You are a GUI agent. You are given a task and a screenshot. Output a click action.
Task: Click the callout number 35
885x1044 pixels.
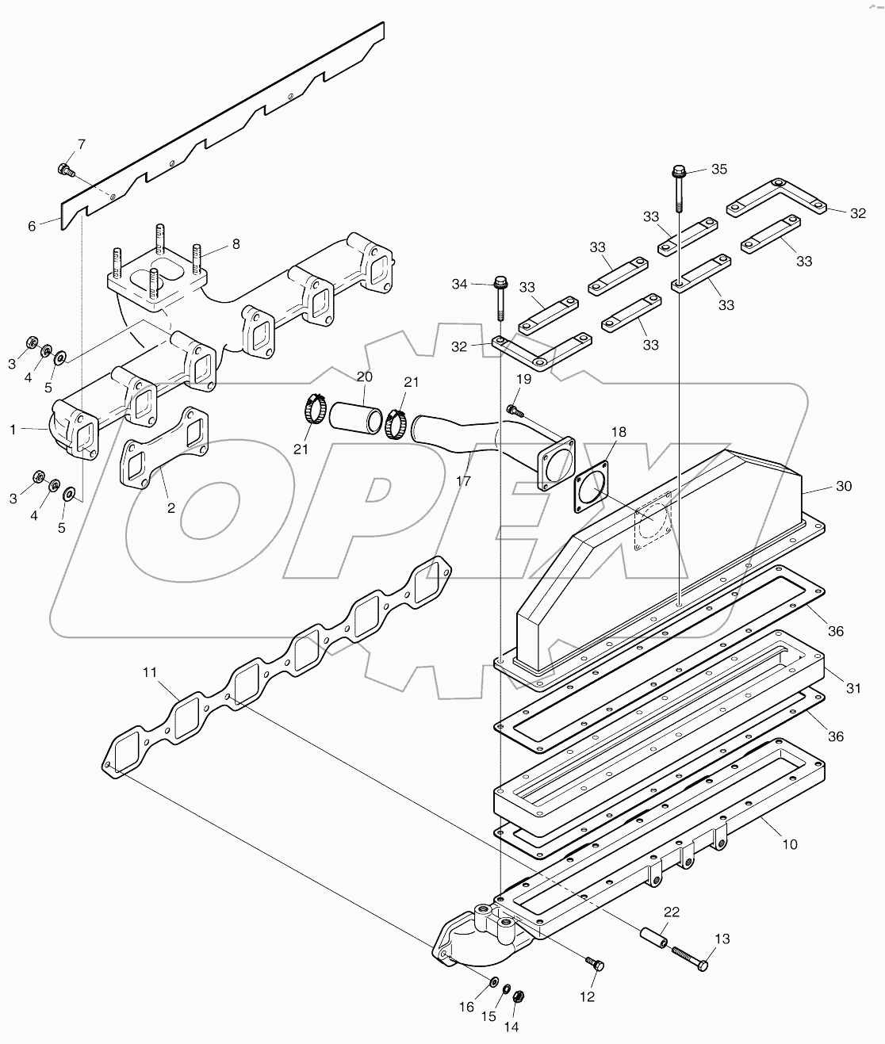tap(718, 169)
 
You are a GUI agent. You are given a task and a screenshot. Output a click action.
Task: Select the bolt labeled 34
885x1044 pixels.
tap(500, 294)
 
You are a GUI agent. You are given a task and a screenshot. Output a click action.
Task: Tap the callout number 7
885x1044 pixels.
tap(81, 143)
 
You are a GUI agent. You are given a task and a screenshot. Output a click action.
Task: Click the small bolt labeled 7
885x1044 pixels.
tap(65, 169)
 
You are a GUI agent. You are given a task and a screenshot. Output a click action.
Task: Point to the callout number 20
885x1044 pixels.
tap(364, 376)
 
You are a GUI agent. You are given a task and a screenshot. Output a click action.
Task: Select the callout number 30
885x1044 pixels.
tap(843, 486)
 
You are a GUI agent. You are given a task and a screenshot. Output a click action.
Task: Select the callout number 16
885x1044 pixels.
tap(466, 1008)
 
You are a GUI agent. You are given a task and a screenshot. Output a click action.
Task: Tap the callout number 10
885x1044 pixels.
tap(790, 845)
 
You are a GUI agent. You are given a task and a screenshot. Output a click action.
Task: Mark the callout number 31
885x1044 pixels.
tap(853, 689)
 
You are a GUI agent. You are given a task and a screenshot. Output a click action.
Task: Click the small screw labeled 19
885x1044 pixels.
tap(513, 410)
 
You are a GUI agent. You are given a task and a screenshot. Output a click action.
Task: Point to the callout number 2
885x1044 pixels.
tap(170, 508)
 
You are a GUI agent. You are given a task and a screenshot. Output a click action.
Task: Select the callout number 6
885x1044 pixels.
tap(32, 226)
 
